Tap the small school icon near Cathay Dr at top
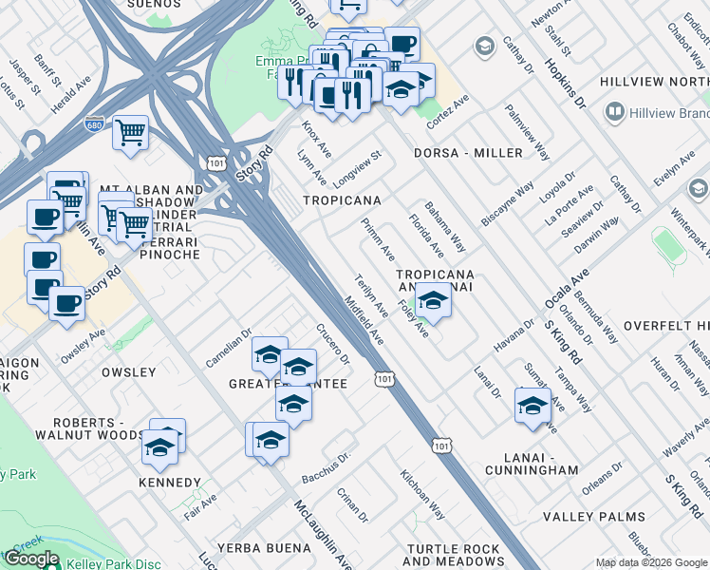coord(485,47)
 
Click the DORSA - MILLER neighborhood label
coord(467,153)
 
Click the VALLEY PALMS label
coord(594,518)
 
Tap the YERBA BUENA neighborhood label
coord(263,548)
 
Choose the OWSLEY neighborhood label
coord(128,372)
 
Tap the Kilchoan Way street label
coord(421,494)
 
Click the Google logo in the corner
coord(32,559)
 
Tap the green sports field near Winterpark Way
coord(670,246)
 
